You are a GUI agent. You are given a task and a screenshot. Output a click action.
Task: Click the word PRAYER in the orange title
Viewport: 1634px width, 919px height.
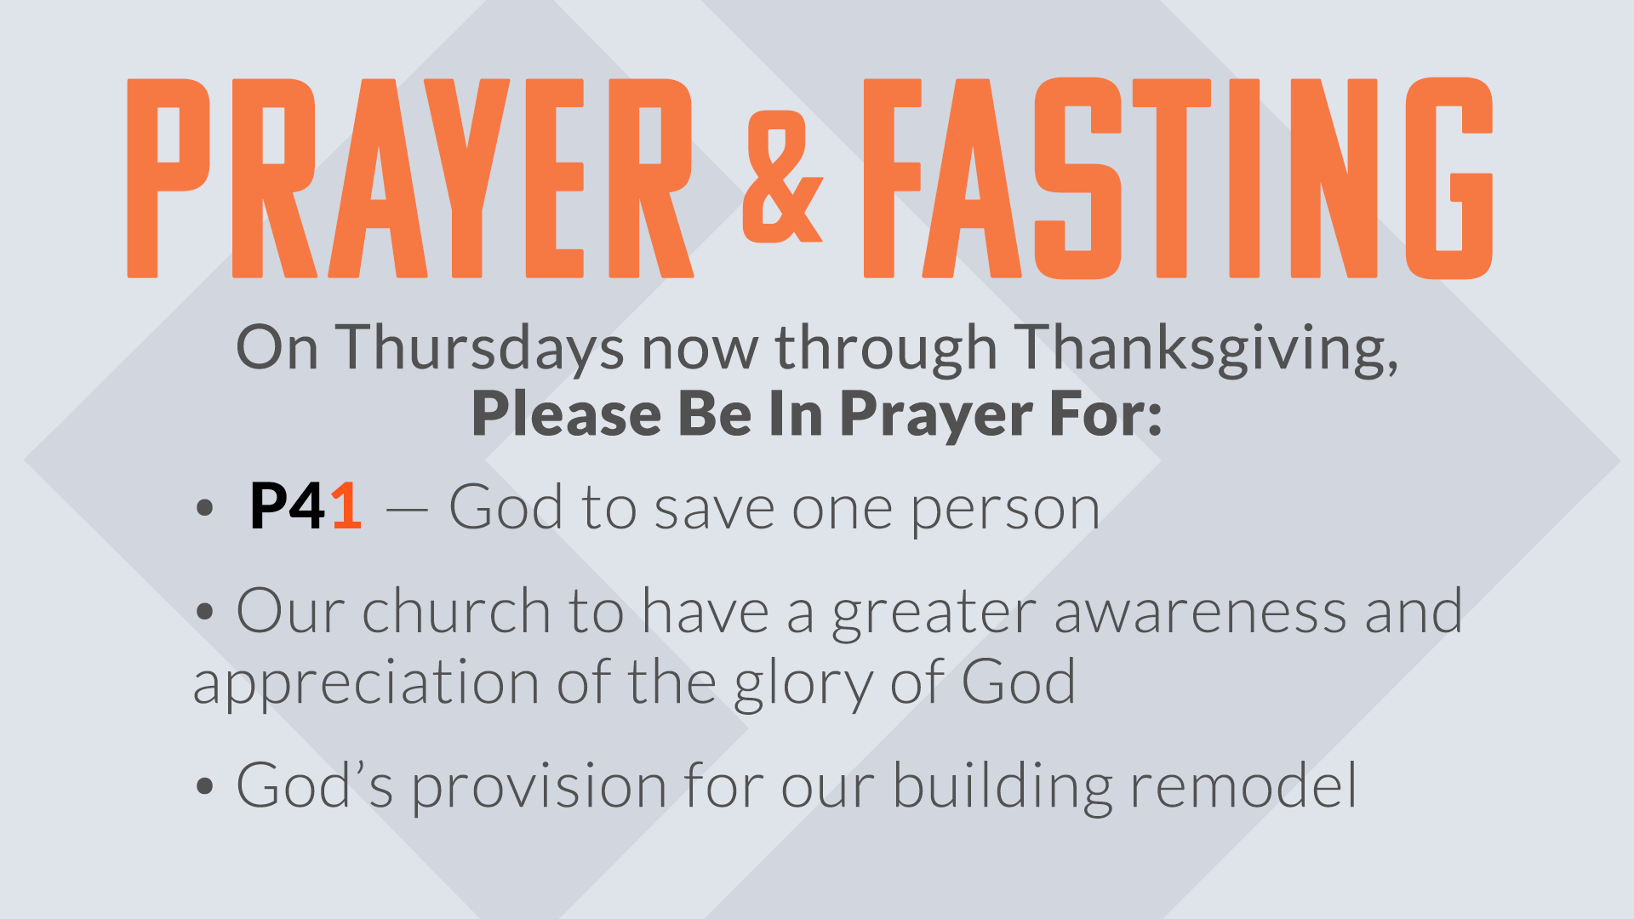pyautogui.click(x=410, y=179)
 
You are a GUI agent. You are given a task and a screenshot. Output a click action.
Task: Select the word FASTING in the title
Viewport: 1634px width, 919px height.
pyautogui.click(x=1178, y=179)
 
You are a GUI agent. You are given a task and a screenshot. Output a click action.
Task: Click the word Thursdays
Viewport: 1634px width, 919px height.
pyautogui.click(x=479, y=349)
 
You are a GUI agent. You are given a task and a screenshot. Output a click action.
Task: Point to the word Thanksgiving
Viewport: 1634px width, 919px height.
pyautogui.click(x=1207, y=349)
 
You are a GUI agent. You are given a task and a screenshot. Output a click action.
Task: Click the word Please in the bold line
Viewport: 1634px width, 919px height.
pyautogui.click(x=567, y=414)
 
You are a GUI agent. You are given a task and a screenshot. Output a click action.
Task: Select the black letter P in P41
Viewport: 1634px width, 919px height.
pyautogui.click(x=268, y=507)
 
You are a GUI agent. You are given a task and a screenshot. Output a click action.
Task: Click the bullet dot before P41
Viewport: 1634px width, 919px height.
pyautogui.click(x=204, y=508)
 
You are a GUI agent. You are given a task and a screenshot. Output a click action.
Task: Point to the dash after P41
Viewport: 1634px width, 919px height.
pyautogui.click(x=407, y=511)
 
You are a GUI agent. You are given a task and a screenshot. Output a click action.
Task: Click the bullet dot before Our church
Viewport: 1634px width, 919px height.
pyautogui.click(x=204, y=611)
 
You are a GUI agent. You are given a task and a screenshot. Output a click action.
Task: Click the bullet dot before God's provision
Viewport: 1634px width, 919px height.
pyautogui.click(x=204, y=785)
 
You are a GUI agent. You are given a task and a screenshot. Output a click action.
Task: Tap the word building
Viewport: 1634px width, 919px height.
pyautogui.click(x=1002, y=787)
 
